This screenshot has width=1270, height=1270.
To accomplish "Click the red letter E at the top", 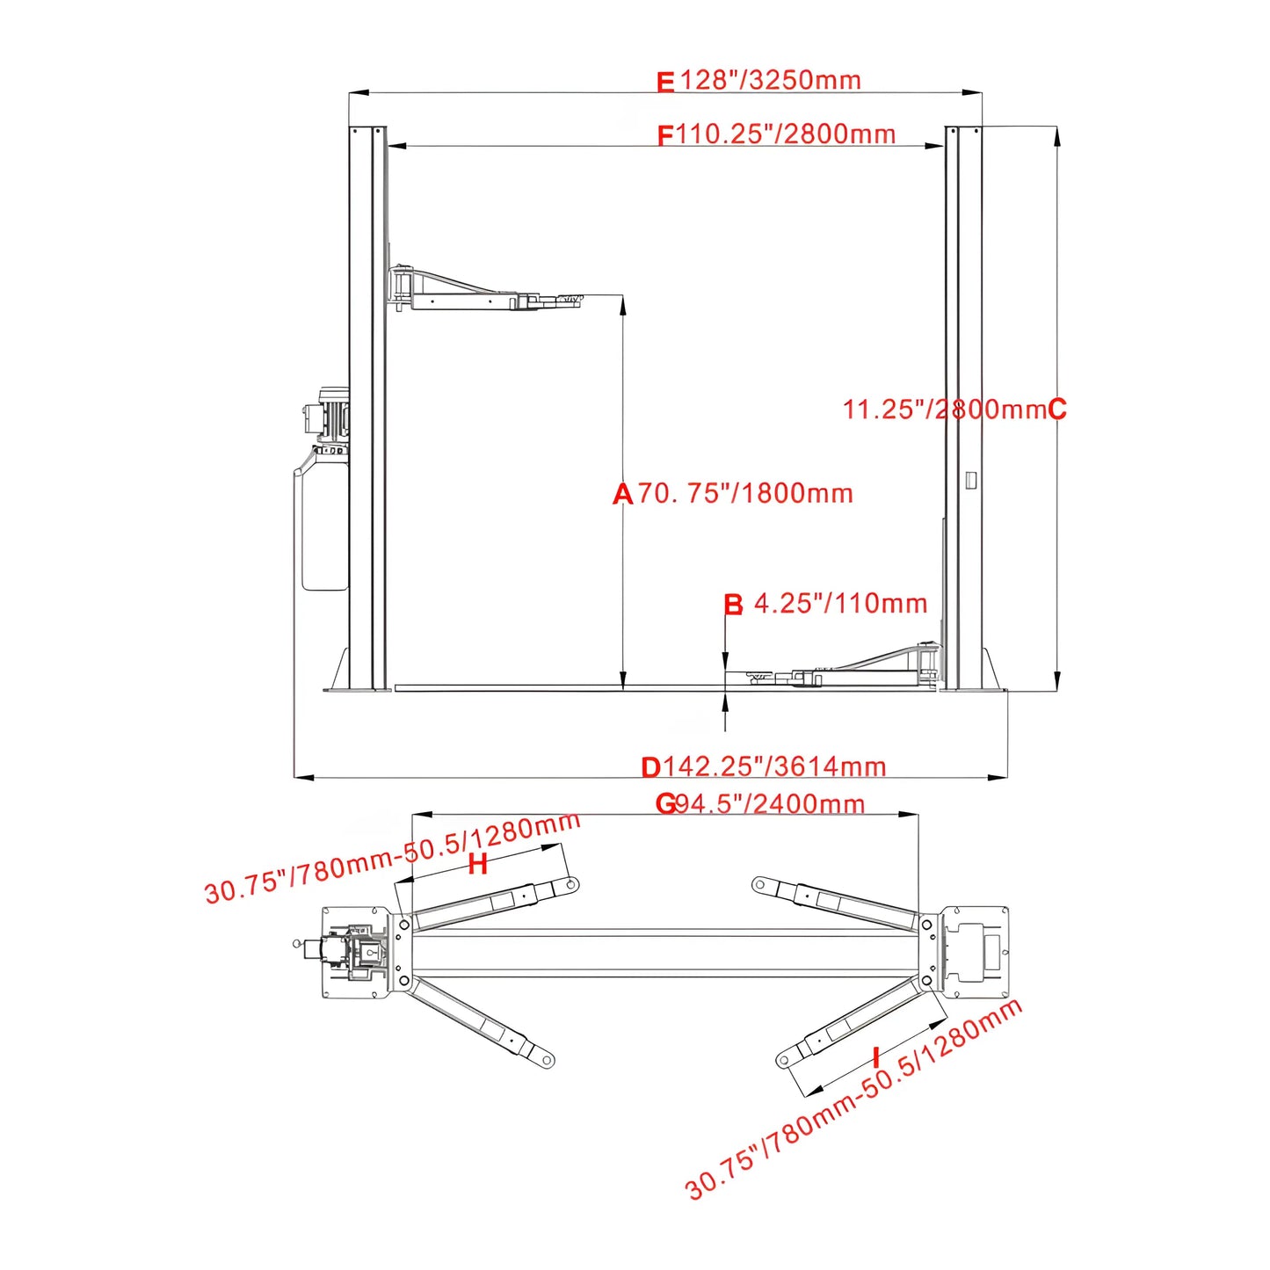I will click(x=665, y=83).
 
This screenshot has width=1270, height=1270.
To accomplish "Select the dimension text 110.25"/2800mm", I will click(x=786, y=134).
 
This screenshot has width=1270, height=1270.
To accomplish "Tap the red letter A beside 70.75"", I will click(x=622, y=495).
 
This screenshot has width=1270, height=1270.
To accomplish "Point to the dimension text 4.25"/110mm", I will click(x=840, y=604).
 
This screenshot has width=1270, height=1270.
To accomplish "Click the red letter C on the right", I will click(x=1057, y=410).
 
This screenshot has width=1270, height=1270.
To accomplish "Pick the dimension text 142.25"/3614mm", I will click(x=773, y=767).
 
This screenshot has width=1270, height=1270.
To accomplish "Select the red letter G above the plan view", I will click(x=666, y=804).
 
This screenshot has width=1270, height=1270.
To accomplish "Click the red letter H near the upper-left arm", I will click(x=477, y=865).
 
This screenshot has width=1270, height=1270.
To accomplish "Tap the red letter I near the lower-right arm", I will click(x=875, y=1057).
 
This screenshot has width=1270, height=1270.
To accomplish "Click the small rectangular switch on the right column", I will click(x=970, y=480).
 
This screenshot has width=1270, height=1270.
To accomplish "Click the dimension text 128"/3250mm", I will click(x=771, y=80).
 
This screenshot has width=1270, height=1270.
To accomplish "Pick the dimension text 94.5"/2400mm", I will click(x=771, y=804).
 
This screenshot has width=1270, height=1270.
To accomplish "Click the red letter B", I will click(x=733, y=605).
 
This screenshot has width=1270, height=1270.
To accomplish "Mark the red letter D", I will click(x=650, y=768).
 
